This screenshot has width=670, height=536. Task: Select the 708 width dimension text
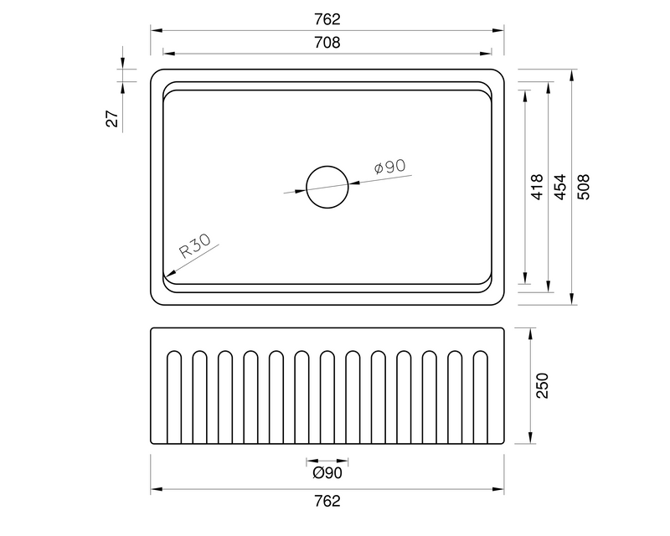click(x=328, y=43)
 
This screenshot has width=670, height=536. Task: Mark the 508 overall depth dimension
click(x=584, y=186)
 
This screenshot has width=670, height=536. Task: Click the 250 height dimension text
click(x=542, y=385)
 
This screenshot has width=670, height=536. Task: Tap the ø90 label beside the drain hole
click(x=389, y=167)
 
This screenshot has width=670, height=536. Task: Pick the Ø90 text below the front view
click(x=327, y=473)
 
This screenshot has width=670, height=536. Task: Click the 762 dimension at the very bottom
click(x=327, y=502)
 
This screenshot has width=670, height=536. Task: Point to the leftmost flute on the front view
click(x=173, y=398)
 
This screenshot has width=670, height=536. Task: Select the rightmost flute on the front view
click(x=481, y=398)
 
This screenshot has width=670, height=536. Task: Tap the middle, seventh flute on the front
click(x=327, y=398)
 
